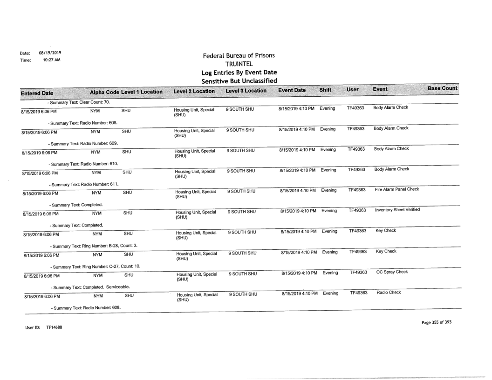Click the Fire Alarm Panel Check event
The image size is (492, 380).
click(393, 190)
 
